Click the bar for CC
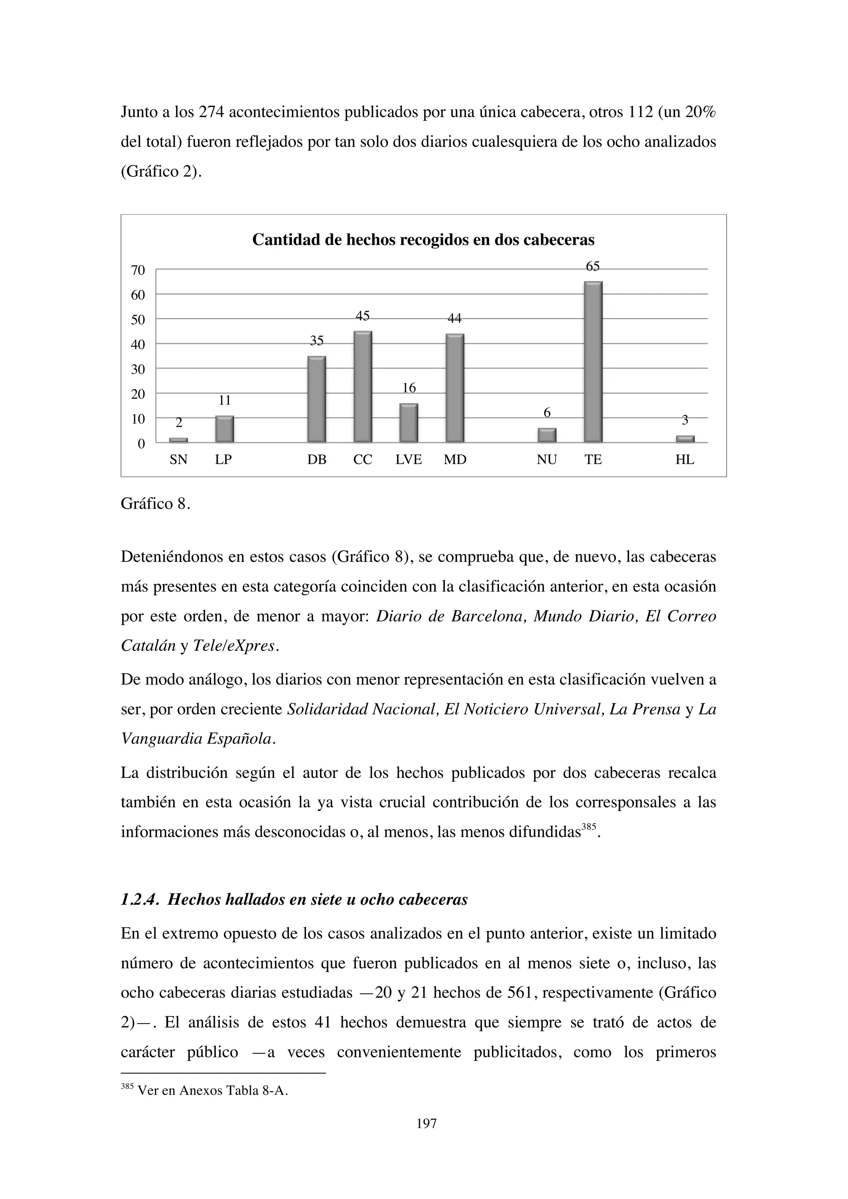coord(362,387)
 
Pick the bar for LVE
coord(408,423)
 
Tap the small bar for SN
coord(178,440)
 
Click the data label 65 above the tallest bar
coord(593,267)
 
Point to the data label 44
coord(454,318)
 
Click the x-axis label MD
coord(454,460)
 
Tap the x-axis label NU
coord(547,460)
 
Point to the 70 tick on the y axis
coord(138,270)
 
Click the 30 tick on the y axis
coord(138,370)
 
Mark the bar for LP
coord(224,429)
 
